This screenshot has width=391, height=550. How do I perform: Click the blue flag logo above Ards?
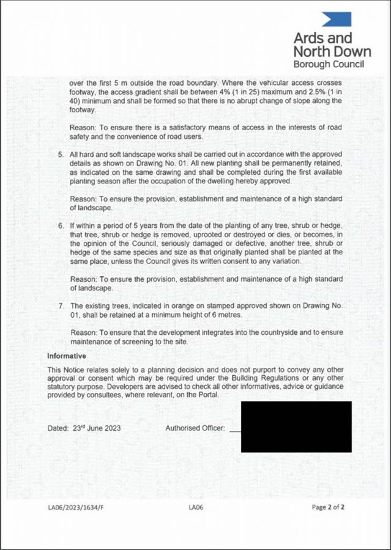pos(337,19)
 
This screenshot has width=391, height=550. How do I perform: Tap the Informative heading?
pos(67,355)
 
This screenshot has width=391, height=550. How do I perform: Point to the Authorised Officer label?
pos(195,428)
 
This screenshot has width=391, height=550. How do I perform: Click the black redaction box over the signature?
pos(296,427)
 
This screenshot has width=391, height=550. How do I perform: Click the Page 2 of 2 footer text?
pos(329,507)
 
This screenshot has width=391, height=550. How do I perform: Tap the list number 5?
pos(61,155)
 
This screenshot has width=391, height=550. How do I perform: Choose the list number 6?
pos(61,227)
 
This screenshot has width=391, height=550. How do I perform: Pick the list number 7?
pos(61,304)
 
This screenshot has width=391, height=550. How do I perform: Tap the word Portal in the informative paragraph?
pos(206,395)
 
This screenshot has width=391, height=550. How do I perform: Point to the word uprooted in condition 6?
pos(199,236)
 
